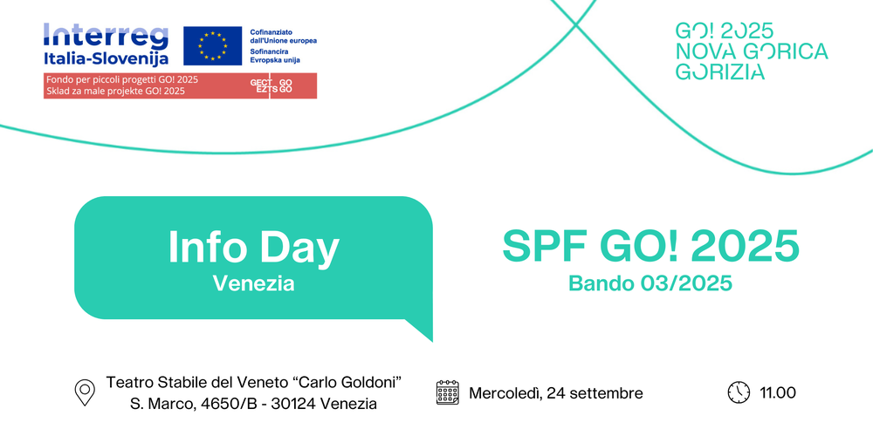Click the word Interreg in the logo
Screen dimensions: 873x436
[x=106, y=36]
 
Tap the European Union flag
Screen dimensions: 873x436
[x=213, y=45]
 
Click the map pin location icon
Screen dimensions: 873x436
[x=85, y=392]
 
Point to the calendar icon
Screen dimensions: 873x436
[x=448, y=392]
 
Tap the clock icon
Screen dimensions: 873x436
[x=739, y=392]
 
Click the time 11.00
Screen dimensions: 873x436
[x=778, y=393]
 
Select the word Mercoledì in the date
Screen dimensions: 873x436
[x=505, y=394]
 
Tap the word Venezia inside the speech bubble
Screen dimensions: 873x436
[x=254, y=283]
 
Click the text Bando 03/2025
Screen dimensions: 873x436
[x=650, y=283]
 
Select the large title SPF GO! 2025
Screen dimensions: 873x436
[x=650, y=246]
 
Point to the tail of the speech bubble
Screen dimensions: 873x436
[x=423, y=330]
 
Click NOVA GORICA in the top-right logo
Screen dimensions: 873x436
[x=752, y=51]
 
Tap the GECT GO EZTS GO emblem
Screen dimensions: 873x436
[x=272, y=85]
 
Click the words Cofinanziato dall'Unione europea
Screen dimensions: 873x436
[x=284, y=37]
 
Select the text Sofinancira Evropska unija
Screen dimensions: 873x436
[x=275, y=56]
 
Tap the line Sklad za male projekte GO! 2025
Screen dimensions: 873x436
[x=115, y=91]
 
